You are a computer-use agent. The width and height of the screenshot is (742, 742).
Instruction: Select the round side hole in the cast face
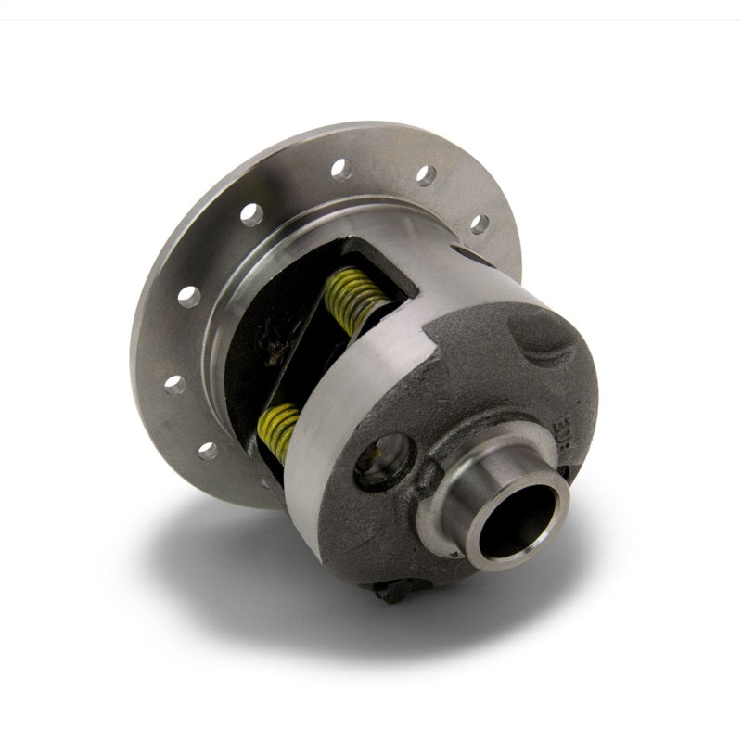tap(381, 459)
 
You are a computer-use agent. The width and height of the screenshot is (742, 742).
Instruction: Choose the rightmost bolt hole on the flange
tap(479, 224)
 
